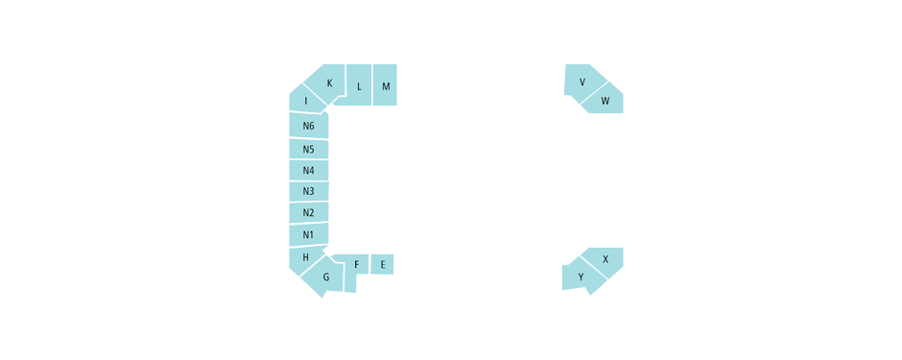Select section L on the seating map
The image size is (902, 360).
point(359,85)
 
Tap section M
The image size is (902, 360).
point(385,85)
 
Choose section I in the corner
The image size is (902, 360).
point(306,101)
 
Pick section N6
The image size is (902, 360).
point(308,126)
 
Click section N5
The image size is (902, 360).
point(308,149)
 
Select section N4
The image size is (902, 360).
point(308,170)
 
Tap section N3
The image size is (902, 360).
point(308,191)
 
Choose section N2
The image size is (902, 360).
point(308,212)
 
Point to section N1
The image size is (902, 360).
point(308,234)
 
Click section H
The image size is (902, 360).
point(305,257)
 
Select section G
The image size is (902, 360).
point(324,278)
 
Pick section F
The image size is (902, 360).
point(357,264)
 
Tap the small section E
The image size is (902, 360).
point(382,264)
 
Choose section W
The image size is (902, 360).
point(605,100)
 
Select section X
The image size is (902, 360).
point(605,259)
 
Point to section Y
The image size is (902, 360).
point(582,277)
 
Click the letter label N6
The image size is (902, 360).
point(308,126)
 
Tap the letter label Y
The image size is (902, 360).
point(581,277)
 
